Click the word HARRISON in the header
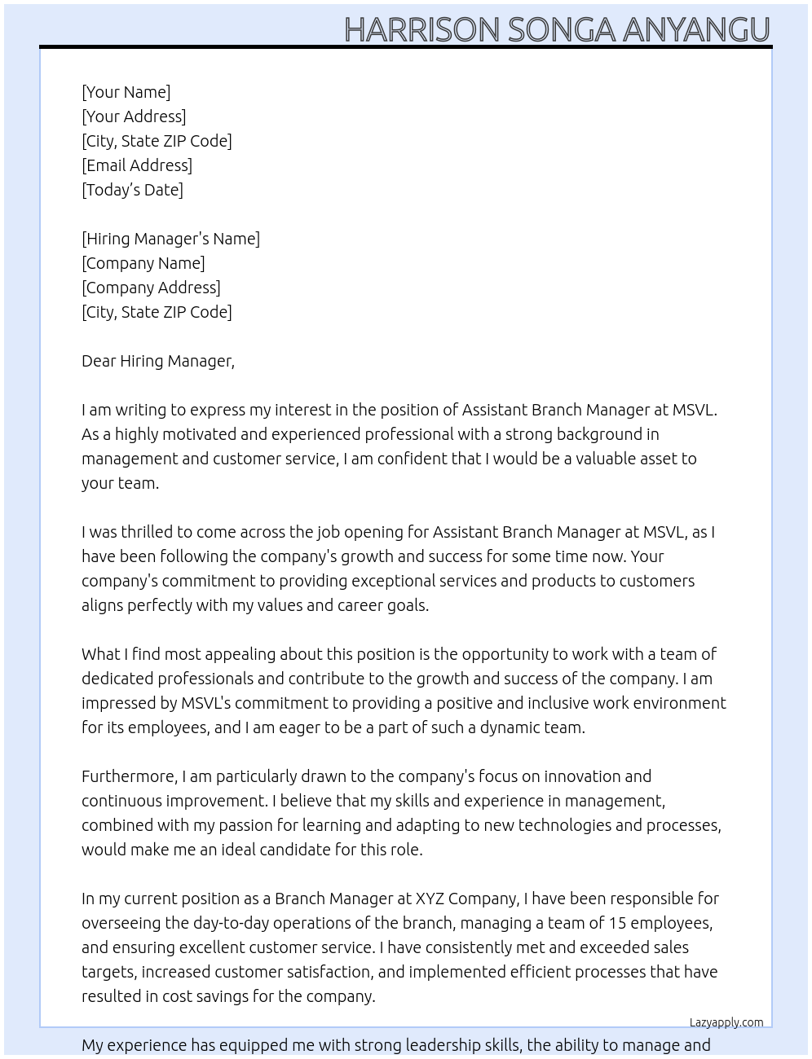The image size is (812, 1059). (421, 29)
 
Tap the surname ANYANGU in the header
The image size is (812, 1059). (696, 29)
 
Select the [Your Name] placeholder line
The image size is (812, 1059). (126, 92)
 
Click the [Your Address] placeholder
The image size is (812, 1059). (134, 116)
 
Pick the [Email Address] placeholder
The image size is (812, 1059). (137, 165)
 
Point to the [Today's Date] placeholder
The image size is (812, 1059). (132, 190)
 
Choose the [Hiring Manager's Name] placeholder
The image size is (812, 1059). (170, 239)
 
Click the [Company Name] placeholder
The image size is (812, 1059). (143, 263)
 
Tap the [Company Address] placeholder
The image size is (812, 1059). (151, 288)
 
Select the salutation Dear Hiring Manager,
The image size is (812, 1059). (158, 361)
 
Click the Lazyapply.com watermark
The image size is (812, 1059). (726, 1022)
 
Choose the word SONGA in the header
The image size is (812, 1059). (561, 29)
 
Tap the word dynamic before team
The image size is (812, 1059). (510, 727)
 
